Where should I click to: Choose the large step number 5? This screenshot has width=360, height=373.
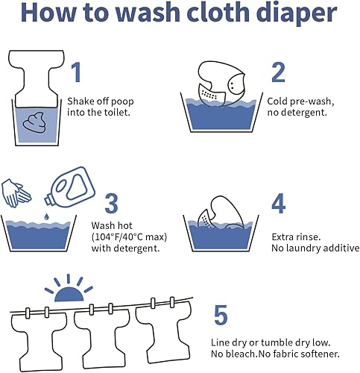[x=220, y=315]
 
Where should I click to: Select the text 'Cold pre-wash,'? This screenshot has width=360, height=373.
[x=296, y=101]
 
